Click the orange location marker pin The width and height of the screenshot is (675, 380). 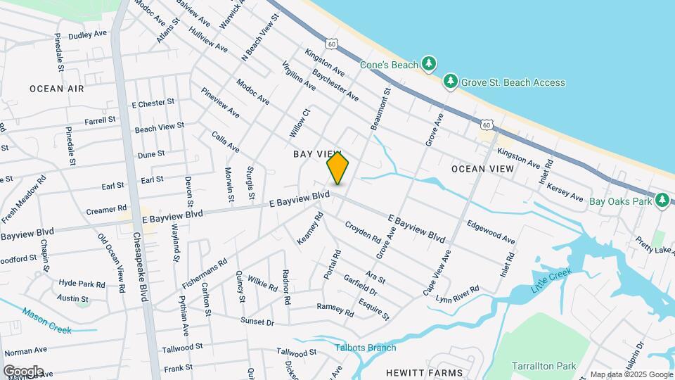337,167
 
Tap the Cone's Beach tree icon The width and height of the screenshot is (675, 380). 429,64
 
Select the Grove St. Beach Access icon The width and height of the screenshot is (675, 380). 451,82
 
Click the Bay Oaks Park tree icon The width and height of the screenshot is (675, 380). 661,201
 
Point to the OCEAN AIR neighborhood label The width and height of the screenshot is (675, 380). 57,89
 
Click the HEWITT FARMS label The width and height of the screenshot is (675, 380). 424,372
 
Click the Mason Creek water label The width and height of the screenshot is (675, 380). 47,320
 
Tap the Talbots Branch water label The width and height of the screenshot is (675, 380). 365,348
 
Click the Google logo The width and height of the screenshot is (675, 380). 23,371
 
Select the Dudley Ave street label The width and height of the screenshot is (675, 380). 87,34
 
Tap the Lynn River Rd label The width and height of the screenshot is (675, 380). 457,294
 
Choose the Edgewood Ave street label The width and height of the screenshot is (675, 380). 491,233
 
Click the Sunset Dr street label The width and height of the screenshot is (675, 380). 257,321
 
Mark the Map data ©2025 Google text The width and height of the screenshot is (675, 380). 631,374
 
